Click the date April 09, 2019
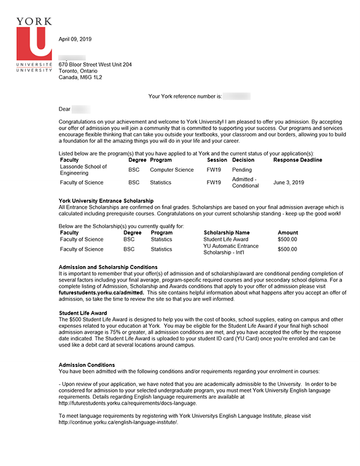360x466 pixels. tap(76, 39)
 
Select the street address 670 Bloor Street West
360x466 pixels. tap(95, 64)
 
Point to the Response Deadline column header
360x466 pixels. tap(298, 160)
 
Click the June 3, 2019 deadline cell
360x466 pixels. tap(289, 183)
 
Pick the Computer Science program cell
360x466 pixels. tap(172, 170)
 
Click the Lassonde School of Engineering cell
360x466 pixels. tap(83, 170)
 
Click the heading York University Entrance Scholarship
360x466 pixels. tap(106, 201)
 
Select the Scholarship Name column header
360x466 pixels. tap(226, 232)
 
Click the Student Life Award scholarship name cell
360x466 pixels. tap(226, 240)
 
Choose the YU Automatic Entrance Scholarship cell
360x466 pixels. tap(231, 249)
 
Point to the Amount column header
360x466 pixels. tap(287, 232)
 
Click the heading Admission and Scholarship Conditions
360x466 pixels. tap(108, 267)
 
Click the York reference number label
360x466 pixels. tap(185, 96)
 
